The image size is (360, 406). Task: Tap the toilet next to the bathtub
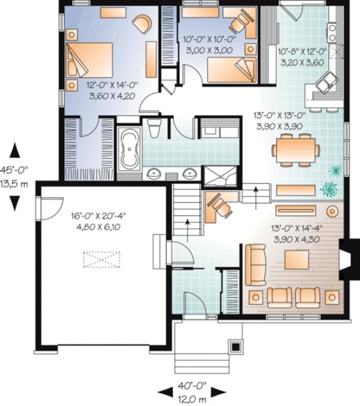(154, 128)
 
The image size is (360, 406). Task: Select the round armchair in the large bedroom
(144, 23)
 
